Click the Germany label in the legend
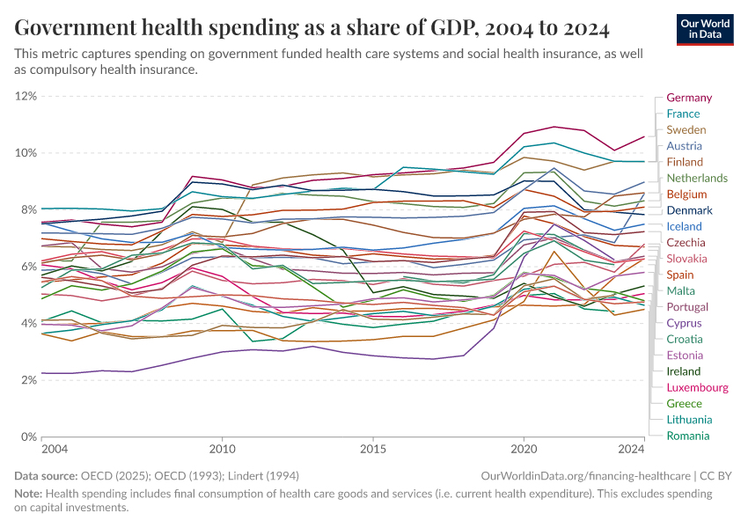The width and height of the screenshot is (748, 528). point(689,98)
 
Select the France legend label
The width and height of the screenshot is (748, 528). point(684,114)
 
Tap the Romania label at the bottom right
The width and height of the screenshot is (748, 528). point(687,436)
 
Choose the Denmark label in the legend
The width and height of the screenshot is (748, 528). point(689,210)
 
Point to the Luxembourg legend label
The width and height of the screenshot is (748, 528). point(697,387)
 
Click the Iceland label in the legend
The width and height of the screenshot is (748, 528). point(685,226)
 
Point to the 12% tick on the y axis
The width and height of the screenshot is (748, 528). point(26,95)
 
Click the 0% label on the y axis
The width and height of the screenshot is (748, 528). point(29,436)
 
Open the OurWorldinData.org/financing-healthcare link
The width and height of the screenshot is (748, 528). point(585,475)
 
